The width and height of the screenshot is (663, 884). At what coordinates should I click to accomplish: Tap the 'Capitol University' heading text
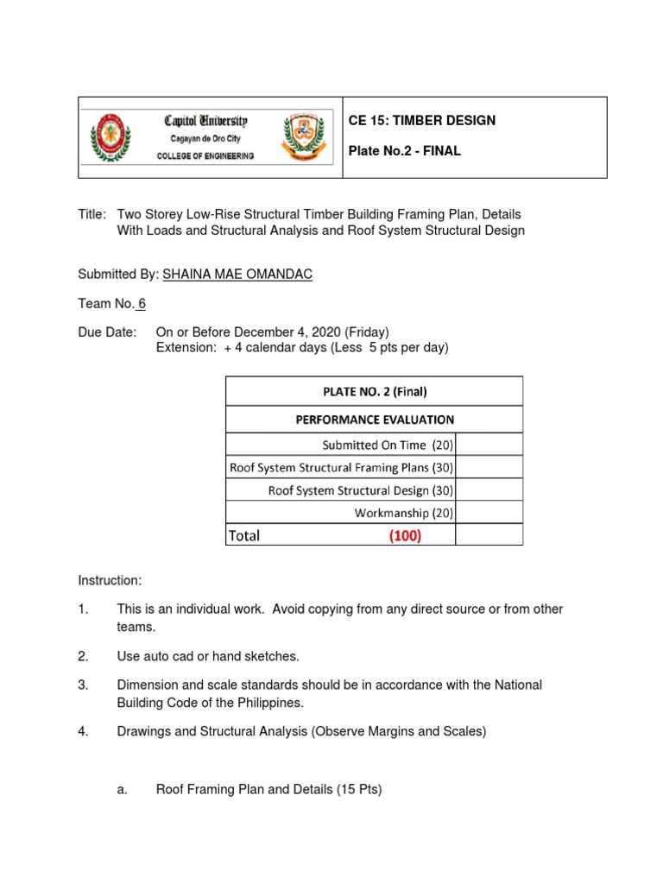point(205,121)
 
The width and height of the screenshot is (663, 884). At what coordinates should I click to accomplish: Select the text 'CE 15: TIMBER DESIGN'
point(421,120)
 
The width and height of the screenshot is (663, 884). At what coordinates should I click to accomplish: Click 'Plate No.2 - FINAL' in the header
point(404,151)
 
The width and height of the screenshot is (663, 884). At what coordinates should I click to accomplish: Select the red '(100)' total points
point(405,535)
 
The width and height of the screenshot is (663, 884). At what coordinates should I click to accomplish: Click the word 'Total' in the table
point(244,535)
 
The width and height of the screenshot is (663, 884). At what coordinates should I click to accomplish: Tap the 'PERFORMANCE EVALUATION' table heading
point(375,420)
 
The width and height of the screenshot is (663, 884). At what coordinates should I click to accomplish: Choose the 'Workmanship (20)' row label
point(404,513)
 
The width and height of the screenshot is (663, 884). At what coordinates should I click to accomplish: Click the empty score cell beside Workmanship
point(489,513)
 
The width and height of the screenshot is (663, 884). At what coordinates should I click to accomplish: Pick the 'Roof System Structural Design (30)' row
point(361,490)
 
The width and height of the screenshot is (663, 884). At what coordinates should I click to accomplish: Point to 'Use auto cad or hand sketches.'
point(208,656)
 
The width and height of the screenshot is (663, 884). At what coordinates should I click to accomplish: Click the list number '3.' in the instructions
point(84,685)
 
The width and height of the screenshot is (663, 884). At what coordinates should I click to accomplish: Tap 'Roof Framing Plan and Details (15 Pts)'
point(268,788)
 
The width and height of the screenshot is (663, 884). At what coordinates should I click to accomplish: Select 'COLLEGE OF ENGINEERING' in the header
point(205,156)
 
